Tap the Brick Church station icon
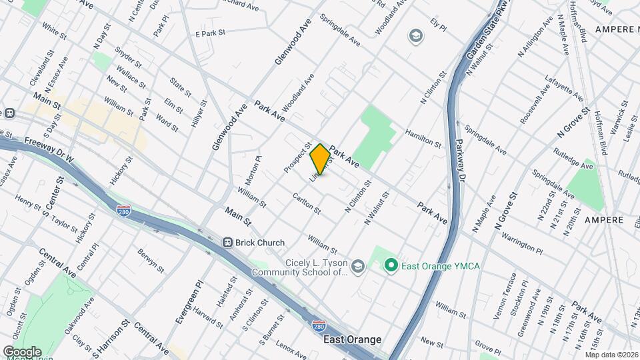click(227, 243)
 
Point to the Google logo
click(22, 351)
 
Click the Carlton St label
click(307, 203)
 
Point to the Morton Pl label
click(253, 170)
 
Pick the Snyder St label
click(129, 57)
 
